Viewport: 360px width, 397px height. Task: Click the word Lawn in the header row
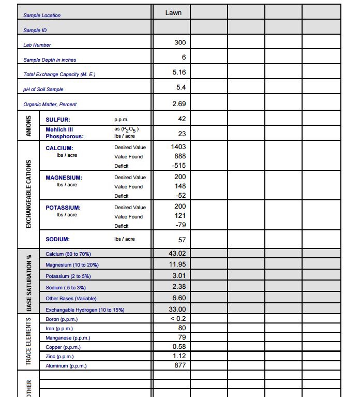pos(173,12)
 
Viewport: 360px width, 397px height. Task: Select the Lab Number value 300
pos(180,42)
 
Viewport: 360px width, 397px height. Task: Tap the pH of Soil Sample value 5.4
pos(181,88)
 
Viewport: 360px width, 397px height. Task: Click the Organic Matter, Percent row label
pos(50,105)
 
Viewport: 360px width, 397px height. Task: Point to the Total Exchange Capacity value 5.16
pos(179,73)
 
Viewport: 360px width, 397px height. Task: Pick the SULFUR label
pos(58,120)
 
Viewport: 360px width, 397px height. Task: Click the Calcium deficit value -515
pos(178,166)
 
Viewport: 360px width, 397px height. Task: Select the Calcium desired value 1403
pos(178,147)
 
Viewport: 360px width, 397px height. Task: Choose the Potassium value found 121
pos(180,216)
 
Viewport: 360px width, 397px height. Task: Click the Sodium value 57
pos(182,240)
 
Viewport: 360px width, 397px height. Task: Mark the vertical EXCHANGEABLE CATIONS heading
pos(29,192)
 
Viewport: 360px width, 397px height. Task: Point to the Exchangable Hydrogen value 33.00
pos(177,309)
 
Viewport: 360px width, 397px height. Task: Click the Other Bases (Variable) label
pos(71,299)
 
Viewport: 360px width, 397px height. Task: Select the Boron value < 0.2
pos(178,318)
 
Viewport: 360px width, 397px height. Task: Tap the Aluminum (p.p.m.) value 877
pos(179,365)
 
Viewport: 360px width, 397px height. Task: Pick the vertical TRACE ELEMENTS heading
pos(29,342)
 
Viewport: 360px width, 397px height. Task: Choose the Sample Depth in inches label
pos(50,60)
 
